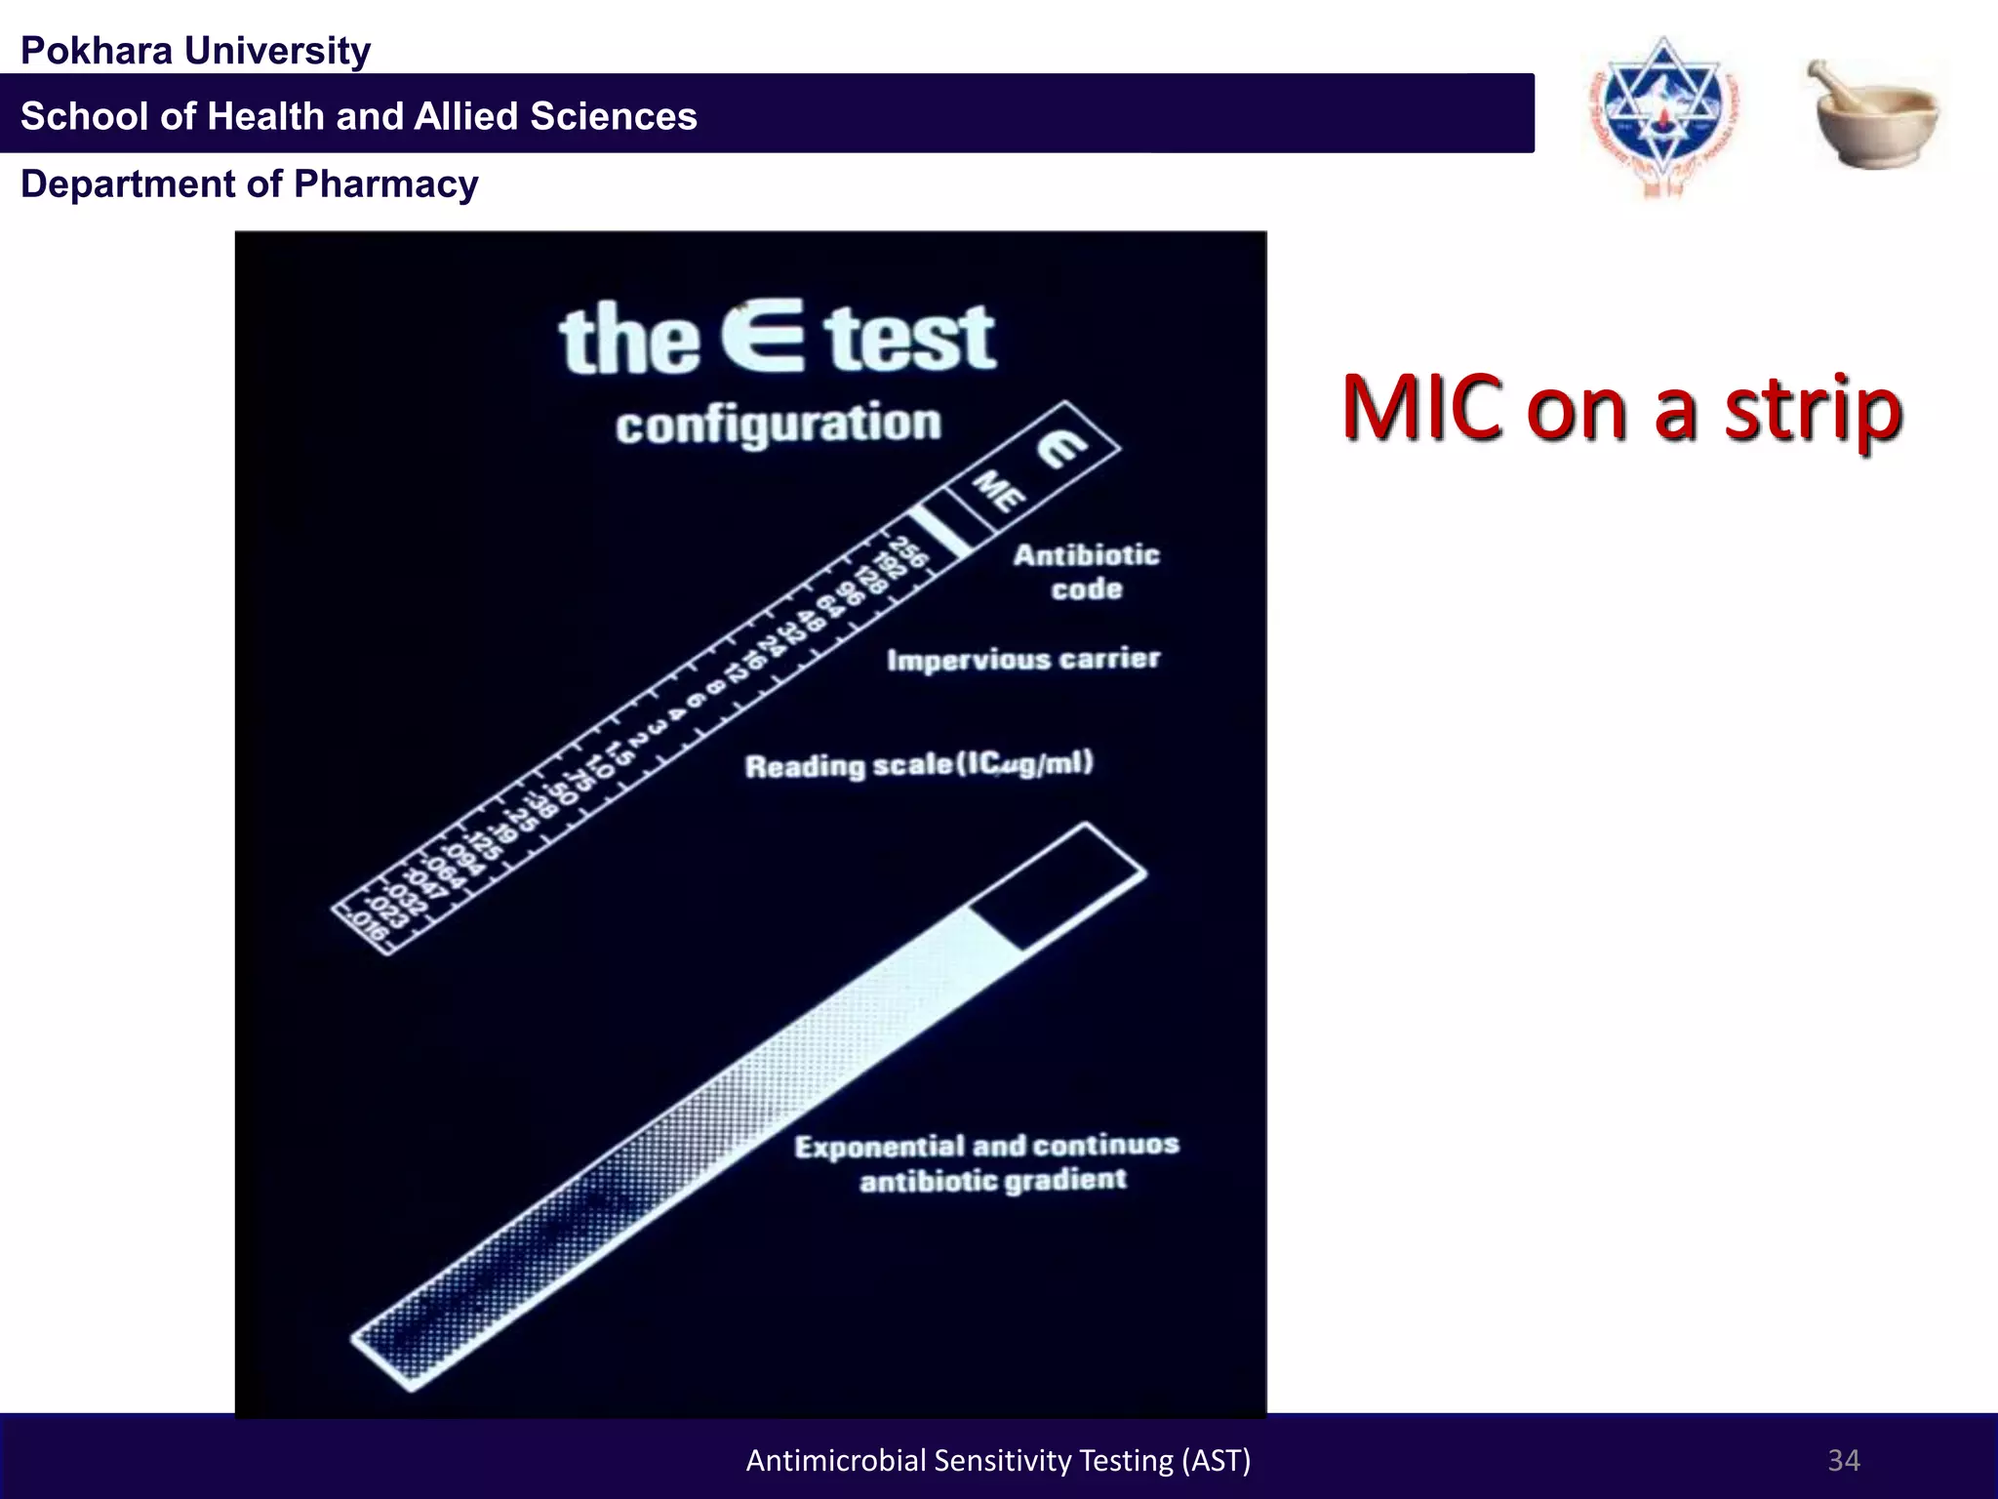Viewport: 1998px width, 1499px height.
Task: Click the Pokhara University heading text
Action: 195,51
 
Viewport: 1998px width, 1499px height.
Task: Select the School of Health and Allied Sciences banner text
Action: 359,116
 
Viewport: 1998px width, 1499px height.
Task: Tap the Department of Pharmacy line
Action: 250,184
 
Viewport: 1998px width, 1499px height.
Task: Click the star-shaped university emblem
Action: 1663,115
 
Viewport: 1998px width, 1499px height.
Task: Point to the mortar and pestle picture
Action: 1873,115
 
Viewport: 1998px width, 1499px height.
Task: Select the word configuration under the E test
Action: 779,425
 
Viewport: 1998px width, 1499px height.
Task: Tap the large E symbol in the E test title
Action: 763,337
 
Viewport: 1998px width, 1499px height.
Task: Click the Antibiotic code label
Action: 1086,572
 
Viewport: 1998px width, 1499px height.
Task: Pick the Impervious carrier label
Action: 1023,660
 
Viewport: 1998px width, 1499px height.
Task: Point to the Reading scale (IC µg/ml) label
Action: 919,764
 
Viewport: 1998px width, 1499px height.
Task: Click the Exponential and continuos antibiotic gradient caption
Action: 987,1162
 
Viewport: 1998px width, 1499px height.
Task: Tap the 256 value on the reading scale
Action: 908,551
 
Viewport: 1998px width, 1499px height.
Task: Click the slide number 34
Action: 1843,1460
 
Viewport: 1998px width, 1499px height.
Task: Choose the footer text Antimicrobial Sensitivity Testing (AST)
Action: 998,1460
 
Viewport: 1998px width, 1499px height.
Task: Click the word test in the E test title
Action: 909,339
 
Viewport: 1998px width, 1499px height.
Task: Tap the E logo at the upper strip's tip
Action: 1061,449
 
